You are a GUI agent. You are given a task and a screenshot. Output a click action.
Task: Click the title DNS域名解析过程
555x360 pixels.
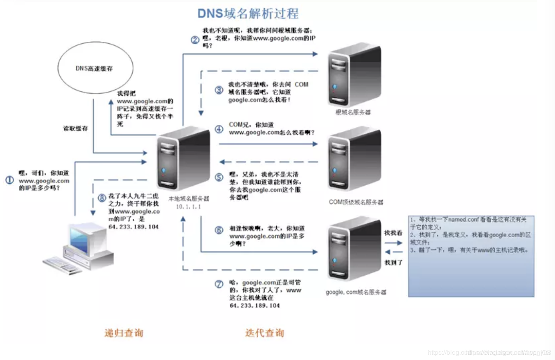248,13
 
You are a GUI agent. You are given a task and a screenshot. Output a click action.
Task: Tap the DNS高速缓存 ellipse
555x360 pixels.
95,69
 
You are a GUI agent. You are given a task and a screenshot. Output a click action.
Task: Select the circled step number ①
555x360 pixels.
9,180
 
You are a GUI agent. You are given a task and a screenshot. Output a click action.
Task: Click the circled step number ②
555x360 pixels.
195,40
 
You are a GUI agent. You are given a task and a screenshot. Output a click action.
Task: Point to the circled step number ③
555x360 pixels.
219,90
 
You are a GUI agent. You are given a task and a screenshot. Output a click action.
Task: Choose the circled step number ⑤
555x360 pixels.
219,178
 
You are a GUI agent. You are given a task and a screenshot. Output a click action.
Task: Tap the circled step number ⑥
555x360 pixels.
219,230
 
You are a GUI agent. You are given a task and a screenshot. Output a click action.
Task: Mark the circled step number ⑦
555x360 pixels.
219,283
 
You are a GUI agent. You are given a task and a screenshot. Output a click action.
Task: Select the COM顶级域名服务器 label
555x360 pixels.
356,202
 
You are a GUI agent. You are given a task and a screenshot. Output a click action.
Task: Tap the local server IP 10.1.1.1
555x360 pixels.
189,207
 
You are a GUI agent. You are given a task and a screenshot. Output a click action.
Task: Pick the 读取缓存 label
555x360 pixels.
75,128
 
